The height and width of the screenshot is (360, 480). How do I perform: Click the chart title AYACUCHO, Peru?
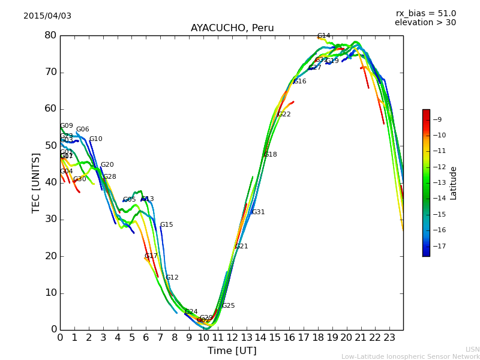point(232,28)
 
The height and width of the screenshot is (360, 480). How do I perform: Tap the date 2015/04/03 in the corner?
point(47,16)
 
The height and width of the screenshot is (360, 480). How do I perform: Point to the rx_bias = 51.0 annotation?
point(425,14)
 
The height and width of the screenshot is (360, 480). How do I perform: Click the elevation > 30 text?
point(425,23)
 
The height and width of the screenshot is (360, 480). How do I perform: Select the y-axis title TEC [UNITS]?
point(37,182)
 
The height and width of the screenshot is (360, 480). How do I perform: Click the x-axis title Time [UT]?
point(232,351)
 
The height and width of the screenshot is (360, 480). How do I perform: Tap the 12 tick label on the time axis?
point(232,338)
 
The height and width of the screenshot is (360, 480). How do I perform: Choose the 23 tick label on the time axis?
point(389,338)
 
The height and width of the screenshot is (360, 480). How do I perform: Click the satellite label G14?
point(324,36)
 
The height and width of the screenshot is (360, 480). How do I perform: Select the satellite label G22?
point(284,115)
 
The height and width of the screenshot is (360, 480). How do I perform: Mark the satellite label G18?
point(270,155)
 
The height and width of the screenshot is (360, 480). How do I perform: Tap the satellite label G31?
point(258,212)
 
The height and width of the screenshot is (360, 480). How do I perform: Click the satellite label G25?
point(228,306)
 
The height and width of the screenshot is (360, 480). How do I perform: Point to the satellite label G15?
point(166,225)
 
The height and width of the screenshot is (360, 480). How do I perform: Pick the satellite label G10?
point(96,139)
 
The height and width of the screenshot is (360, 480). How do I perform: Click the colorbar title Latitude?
point(454,183)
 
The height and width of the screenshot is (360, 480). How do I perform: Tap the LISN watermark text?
point(473,349)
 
